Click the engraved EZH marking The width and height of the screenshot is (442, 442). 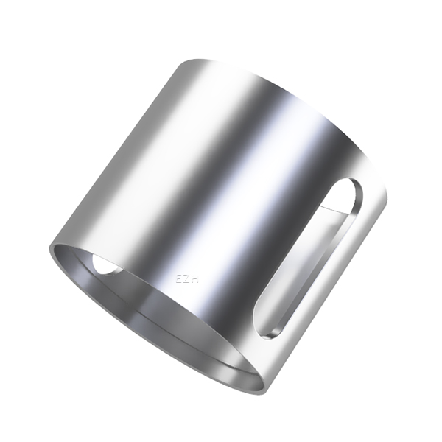click(187, 279)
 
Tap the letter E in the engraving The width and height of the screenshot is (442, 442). click(179, 279)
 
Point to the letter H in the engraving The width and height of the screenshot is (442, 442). click(195, 280)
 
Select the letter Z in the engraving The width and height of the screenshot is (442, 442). click(187, 279)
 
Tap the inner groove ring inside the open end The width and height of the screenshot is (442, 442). click(147, 324)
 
